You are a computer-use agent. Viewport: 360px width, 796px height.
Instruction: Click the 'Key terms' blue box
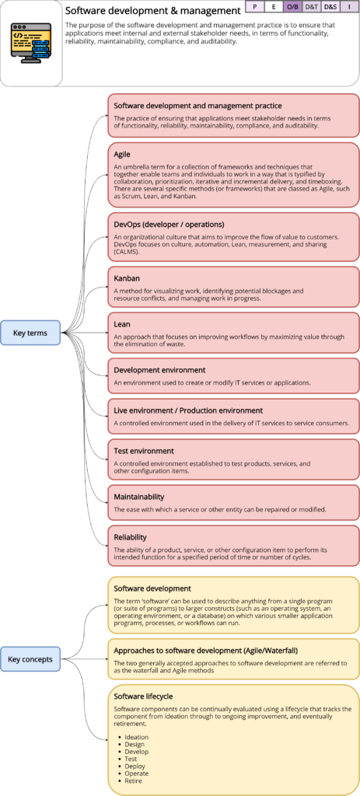point(30,333)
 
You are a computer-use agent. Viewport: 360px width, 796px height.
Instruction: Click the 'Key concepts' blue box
point(30,659)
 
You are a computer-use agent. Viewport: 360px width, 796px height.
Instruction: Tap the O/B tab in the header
point(292,6)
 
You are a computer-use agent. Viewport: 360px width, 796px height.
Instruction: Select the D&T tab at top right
point(311,6)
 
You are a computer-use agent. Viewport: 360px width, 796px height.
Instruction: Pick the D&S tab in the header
point(330,6)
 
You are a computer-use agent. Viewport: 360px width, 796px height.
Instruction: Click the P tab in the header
point(254,6)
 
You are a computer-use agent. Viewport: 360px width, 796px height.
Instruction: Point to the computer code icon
point(30,43)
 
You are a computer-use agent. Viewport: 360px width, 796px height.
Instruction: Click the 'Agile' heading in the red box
point(122,154)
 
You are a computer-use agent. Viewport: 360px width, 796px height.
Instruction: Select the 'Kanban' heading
point(127,277)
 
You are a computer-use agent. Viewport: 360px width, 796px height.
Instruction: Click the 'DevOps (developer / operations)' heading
point(169,225)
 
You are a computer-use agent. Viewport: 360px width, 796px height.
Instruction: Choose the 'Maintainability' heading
point(139,496)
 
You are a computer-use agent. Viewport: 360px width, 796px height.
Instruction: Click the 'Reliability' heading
point(131,536)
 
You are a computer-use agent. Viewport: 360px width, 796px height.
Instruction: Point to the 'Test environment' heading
point(144,450)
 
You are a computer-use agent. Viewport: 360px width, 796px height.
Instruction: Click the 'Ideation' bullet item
point(137,737)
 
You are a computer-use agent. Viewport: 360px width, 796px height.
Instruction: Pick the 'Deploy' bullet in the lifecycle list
point(136,766)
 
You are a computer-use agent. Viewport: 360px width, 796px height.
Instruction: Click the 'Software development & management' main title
point(152,11)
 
